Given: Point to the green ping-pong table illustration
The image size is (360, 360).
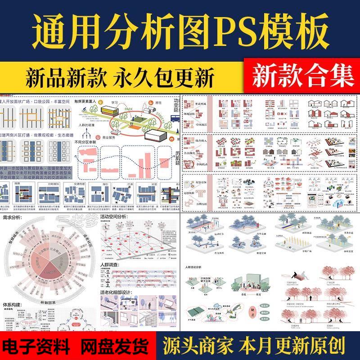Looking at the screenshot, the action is click(x=197, y=308).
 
